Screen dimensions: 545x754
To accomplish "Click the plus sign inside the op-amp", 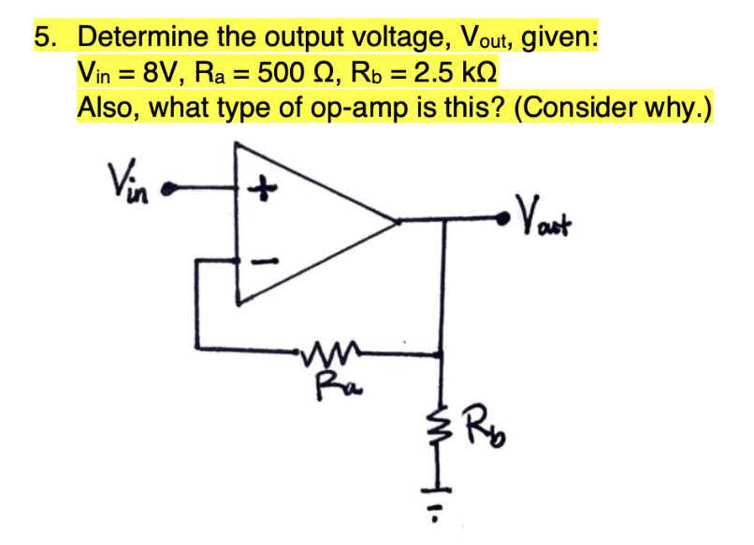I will [265, 189].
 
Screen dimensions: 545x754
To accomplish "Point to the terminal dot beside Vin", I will [168, 188].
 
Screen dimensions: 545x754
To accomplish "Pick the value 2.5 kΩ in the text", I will [451, 72].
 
